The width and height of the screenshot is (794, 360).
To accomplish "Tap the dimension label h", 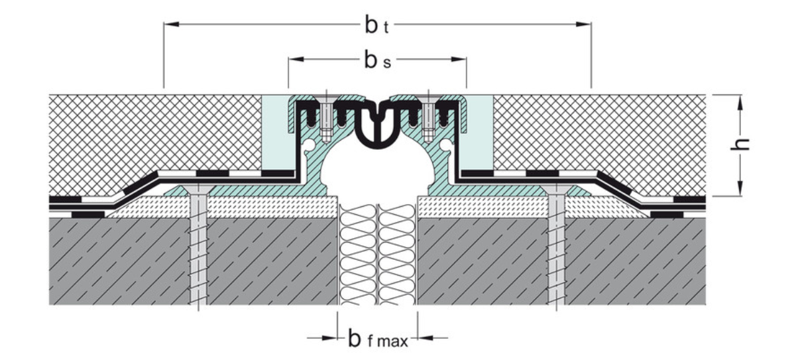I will coord(744,145).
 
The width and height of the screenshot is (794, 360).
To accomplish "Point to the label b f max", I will coord(377,339).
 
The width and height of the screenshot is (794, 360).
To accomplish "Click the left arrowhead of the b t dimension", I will coord(170,25).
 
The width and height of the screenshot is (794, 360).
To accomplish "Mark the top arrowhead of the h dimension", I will coord(741,99).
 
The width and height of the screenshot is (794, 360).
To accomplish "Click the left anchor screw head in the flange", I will coord(198,192).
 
